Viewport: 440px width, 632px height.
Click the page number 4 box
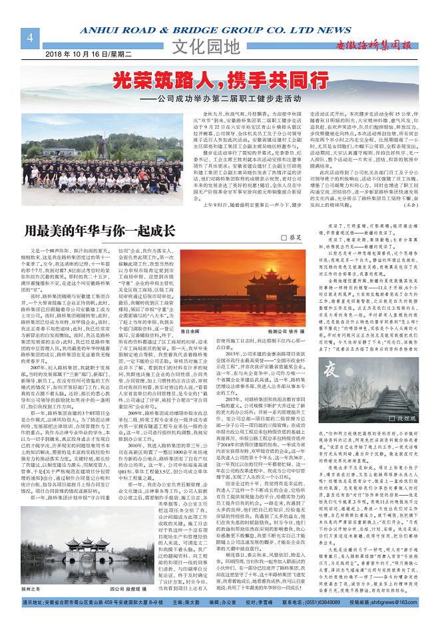click(29, 38)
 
